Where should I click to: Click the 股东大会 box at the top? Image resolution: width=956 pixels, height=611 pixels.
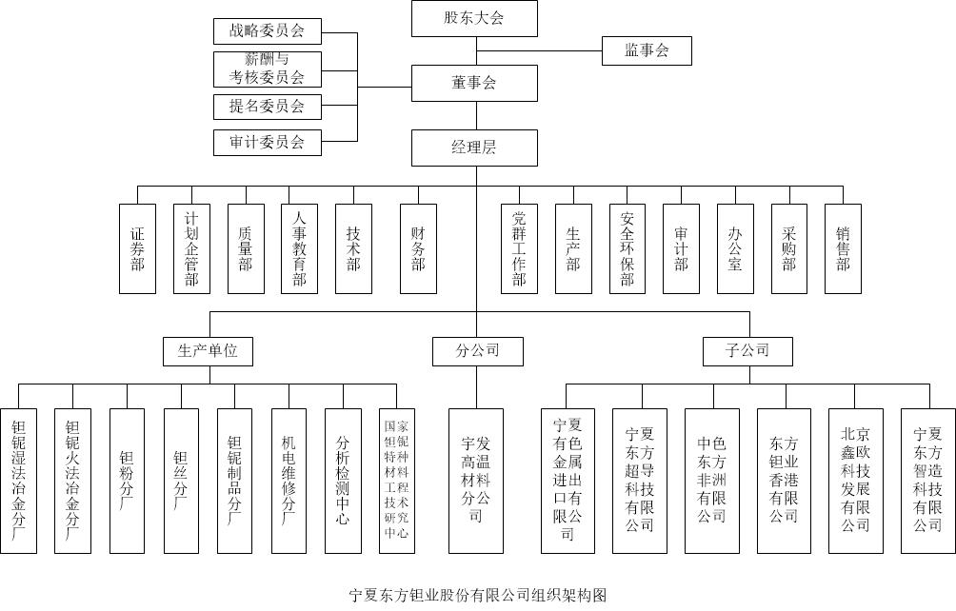tap(474, 18)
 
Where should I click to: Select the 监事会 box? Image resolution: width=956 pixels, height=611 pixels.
tap(646, 50)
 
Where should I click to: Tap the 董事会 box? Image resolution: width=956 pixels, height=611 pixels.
tap(474, 83)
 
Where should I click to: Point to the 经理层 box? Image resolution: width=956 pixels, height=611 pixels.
tap(474, 148)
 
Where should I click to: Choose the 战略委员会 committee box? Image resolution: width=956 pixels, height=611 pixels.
tap(267, 30)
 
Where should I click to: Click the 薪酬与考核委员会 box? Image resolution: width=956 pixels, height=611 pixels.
tap(267, 69)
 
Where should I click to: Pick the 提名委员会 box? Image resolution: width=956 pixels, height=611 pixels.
tap(267, 106)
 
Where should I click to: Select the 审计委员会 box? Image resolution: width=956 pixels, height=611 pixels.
tap(267, 143)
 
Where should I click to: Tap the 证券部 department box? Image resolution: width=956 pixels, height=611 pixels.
tap(137, 248)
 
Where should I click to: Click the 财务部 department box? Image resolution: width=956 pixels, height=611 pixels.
tap(418, 248)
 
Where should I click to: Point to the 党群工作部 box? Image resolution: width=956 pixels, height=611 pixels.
tap(519, 248)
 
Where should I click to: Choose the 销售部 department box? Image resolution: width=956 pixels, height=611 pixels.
tap(843, 248)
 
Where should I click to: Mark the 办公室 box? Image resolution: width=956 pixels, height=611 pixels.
tap(735, 248)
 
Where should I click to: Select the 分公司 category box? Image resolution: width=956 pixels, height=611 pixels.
tap(477, 351)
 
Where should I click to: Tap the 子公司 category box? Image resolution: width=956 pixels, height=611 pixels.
tap(749, 351)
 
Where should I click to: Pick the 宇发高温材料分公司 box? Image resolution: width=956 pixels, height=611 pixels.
tap(476, 481)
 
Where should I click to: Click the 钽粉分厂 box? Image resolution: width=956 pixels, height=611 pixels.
tap(127, 481)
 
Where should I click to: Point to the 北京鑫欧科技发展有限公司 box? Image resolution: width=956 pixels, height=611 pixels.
tap(855, 481)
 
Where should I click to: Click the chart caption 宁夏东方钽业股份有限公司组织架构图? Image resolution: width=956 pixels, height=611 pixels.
tap(478, 596)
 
